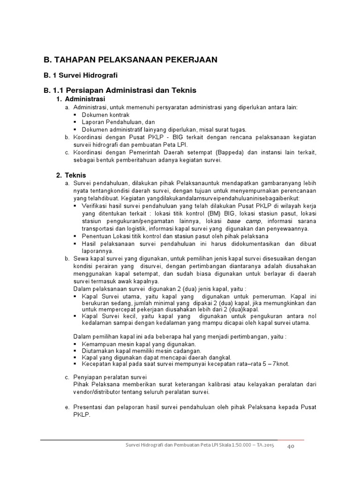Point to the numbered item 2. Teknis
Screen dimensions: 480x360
click(71, 175)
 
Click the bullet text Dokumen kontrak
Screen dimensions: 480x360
click(105, 115)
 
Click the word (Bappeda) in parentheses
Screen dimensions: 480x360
click(244, 152)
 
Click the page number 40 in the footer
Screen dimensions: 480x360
click(291, 447)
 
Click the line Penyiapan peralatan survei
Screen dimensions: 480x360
click(111, 377)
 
